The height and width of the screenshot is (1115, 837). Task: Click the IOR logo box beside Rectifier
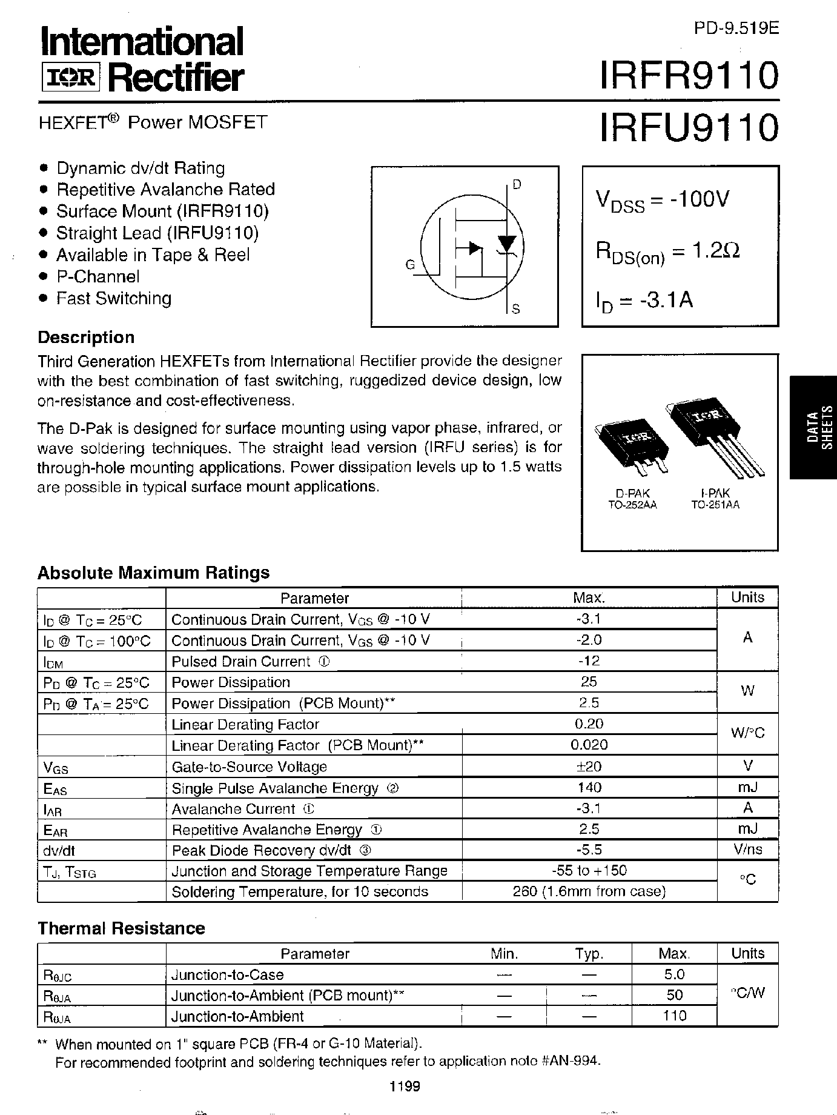(x=70, y=79)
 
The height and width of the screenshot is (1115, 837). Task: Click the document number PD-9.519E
(x=736, y=28)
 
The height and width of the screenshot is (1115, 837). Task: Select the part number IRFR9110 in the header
(x=689, y=76)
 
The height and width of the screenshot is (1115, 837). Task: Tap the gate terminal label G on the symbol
(x=410, y=265)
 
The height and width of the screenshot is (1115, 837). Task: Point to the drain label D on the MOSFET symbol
(x=517, y=184)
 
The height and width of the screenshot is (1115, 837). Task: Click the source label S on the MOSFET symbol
(x=516, y=310)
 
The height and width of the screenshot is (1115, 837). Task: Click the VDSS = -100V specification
(x=663, y=201)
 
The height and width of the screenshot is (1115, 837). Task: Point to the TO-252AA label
(x=632, y=504)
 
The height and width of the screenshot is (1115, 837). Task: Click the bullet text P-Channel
(x=98, y=277)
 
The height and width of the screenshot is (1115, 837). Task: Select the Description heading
(x=86, y=338)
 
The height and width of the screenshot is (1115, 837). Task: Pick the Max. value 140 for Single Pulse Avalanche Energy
(x=589, y=788)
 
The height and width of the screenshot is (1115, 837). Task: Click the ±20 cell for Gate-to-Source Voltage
(x=589, y=767)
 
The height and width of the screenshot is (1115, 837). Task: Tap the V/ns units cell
(x=747, y=850)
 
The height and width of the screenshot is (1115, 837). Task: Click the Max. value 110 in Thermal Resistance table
(x=674, y=1016)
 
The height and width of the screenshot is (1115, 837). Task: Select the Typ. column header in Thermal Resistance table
(x=589, y=954)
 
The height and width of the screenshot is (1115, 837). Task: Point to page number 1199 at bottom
(x=405, y=1086)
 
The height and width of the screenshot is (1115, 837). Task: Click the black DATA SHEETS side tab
(x=813, y=427)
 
